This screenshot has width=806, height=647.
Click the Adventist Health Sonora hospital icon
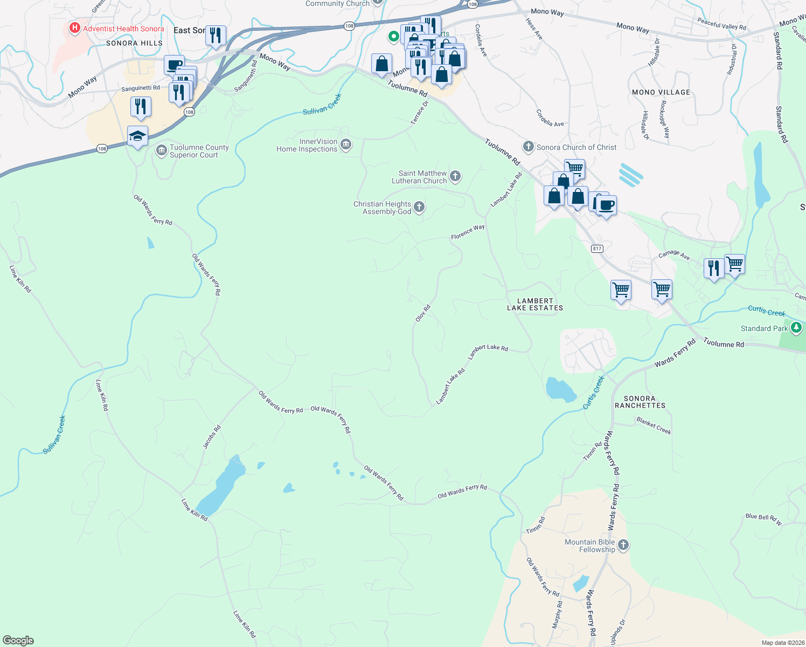75,28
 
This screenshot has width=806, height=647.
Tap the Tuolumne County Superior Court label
199,151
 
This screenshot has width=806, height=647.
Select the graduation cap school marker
138,136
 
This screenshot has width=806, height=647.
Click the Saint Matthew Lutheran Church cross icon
455,176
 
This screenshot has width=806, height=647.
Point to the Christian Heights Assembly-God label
382,208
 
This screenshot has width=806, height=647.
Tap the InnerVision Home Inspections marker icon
346,144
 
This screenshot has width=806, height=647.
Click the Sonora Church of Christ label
576,147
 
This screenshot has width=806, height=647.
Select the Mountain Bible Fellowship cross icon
623,545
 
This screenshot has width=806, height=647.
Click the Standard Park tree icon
796,328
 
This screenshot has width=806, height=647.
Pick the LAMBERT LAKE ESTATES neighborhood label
535,305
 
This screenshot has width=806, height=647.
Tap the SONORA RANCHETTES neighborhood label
640,402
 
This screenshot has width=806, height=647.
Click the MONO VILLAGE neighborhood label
661,92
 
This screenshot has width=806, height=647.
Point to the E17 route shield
596,249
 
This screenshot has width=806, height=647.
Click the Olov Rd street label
423,314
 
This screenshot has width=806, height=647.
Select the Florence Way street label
468,232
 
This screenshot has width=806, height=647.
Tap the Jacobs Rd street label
212,437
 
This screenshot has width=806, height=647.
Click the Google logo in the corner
18,640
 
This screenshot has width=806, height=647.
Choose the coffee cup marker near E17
606,205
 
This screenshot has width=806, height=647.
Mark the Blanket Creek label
654,425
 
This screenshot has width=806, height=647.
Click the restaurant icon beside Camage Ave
714,268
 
